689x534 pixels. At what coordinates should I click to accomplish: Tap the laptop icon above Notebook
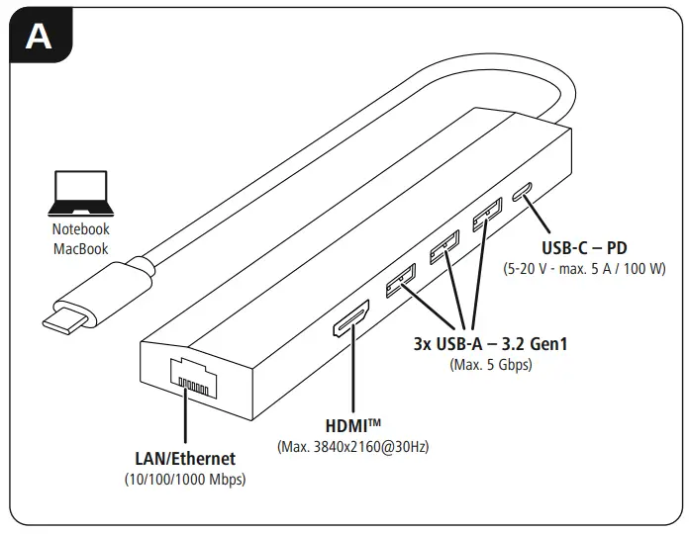[81, 194]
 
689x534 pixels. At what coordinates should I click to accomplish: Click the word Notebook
[81, 228]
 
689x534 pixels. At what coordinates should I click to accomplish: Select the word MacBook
[81, 248]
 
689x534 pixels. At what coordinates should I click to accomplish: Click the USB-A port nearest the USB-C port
[484, 217]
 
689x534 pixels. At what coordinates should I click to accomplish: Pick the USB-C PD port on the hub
[528, 190]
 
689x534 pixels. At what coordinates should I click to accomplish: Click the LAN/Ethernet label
[185, 459]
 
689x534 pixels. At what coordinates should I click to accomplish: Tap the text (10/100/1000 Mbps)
[185, 480]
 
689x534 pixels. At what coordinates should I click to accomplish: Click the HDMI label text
[354, 425]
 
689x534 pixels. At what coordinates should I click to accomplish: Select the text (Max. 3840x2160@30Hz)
[354, 447]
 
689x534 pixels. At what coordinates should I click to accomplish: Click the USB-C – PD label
[584, 247]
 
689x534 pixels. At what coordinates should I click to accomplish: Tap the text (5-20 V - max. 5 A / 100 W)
[584, 268]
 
